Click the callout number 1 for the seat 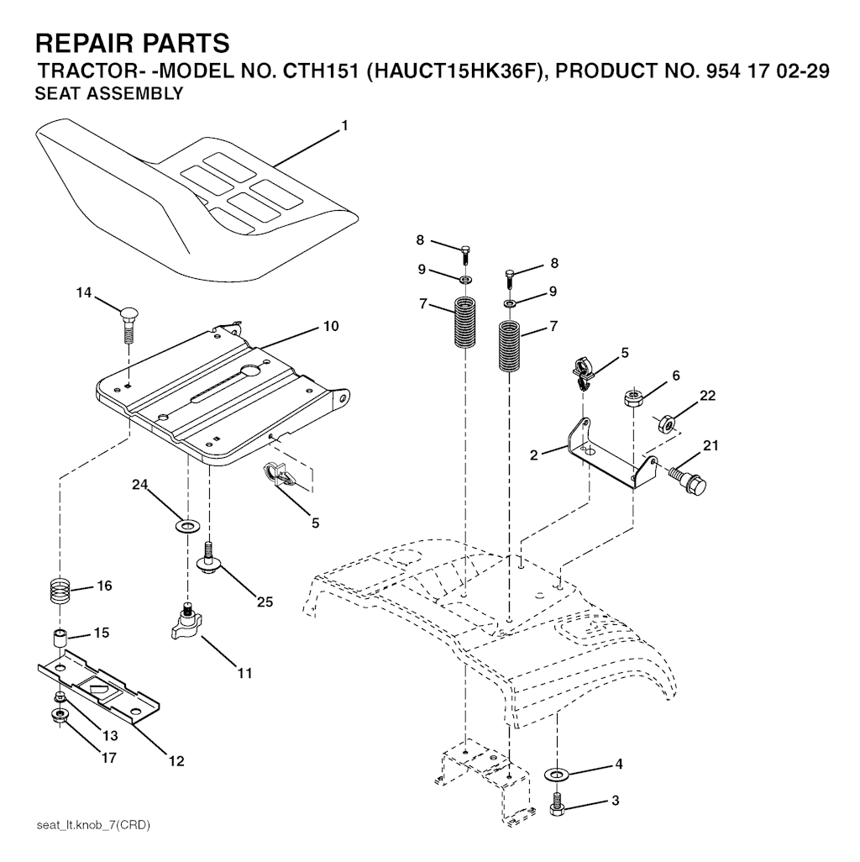coord(344,126)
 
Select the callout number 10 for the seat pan coord(331,326)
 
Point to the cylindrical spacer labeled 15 coord(60,640)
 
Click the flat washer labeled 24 coord(187,527)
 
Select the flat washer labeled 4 coord(556,775)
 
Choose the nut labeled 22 coord(666,423)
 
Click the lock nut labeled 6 coord(633,397)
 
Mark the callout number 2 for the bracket coord(533,455)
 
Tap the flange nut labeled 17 coord(58,716)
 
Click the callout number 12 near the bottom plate coord(176,761)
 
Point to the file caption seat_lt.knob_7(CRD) coord(93,825)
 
